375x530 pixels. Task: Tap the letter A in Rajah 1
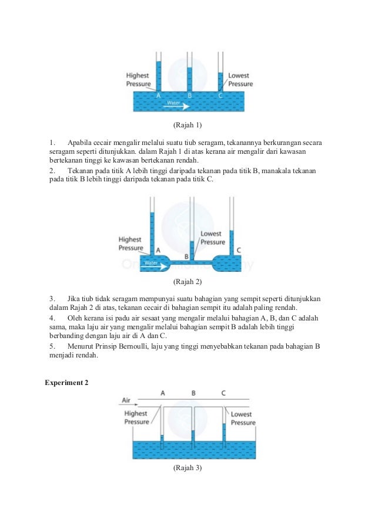158,95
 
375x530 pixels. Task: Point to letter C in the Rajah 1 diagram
220,95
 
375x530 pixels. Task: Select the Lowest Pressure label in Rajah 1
240,80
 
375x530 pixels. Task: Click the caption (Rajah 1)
187,125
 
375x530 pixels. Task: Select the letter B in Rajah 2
187,256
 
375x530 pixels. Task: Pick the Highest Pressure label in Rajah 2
130,244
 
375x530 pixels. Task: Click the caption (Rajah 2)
187,282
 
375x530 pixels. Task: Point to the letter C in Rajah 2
238,250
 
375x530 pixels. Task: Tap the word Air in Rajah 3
126,400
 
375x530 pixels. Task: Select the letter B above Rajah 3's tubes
193,393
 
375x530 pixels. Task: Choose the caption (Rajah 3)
187,468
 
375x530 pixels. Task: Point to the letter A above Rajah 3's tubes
162,393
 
